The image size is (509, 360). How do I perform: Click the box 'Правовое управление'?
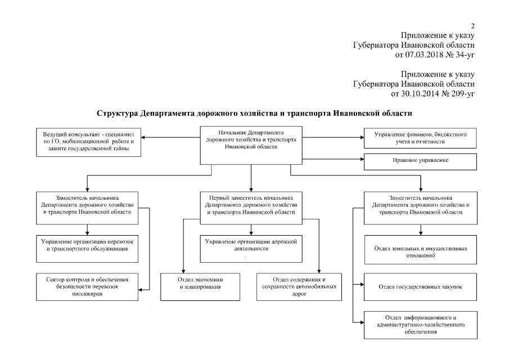[420, 161]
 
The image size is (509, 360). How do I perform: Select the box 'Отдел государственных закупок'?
[420, 287]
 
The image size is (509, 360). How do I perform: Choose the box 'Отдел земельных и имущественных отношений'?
[420, 250]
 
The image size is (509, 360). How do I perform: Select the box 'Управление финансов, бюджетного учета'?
[420, 138]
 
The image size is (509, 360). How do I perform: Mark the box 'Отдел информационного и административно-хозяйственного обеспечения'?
[420, 325]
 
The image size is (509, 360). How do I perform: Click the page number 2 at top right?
[473, 26]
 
